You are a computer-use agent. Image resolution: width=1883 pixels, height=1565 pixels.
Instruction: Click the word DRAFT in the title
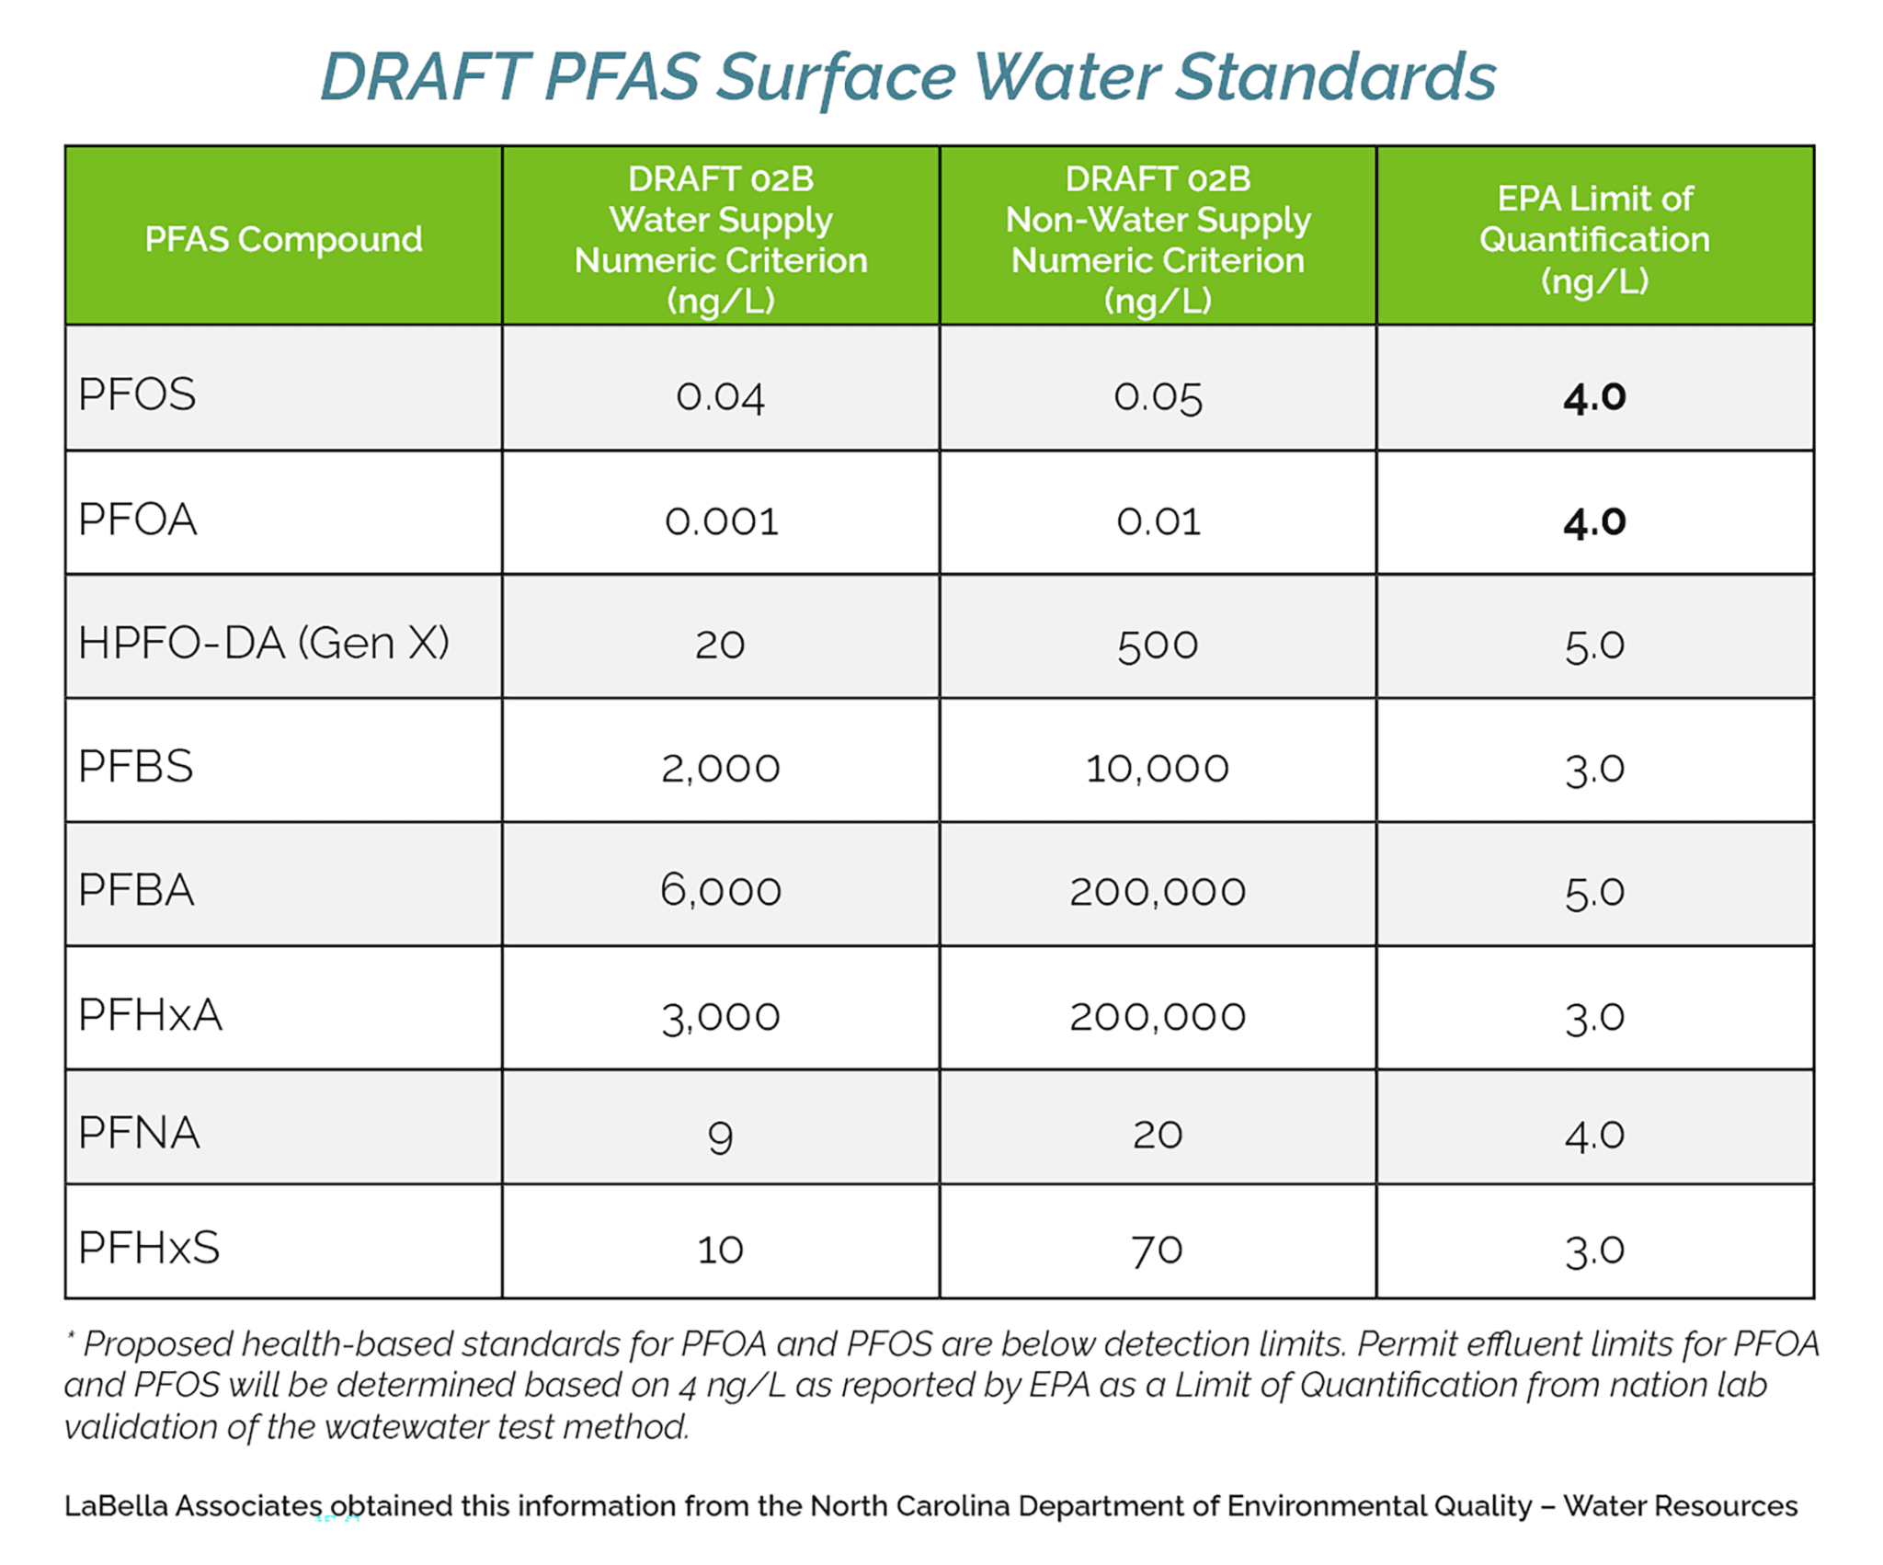pyautogui.click(x=424, y=76)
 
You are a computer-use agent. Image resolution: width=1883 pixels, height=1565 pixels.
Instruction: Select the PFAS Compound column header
pyautogui.click(x=283, y=239)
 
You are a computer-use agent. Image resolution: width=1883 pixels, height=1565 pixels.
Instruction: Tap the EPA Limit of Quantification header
pyautogui.click(x=1594, y=239)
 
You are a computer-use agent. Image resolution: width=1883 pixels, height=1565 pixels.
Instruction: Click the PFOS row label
pyautogui.click(x=137, y=394)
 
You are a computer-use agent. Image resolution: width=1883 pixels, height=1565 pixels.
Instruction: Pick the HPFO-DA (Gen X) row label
pyautogui.click(x=264, y=643)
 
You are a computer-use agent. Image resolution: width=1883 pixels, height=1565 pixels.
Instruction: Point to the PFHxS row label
pyautogui.click(x=149, y=1248)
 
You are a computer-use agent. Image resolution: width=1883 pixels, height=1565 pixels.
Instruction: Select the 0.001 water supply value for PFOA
pyautogui.click(x=721, y=521)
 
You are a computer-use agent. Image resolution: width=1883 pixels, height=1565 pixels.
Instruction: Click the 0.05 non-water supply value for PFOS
pyautogui.click(x=1158, y=397)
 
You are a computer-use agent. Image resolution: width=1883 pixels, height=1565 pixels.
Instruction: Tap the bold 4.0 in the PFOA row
pyautogui.click(x=1594, y=521)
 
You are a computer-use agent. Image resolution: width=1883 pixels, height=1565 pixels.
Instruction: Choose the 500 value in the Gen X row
pyautogui.click(x=1158, y=645)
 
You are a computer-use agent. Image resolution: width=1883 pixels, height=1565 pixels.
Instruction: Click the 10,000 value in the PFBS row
pyautogui.click(x=1158, y=769)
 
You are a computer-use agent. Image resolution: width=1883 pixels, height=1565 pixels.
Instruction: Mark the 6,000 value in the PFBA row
pyautogui.click(x=721, y=891)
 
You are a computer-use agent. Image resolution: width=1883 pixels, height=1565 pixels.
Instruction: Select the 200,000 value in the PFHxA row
pyautogui.click(x=1158, y=1016)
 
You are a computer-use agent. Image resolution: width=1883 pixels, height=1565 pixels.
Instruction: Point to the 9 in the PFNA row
pyautogui.click(x=721, y=1137)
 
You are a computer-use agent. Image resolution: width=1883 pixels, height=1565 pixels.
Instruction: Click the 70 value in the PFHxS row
pyautogui.click(x=1158, y=1251)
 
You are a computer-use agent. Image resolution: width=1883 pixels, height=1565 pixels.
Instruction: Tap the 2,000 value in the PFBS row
pyautogui.click(x=721, y=769)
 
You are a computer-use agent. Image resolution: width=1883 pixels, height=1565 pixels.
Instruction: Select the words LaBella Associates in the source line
pyautogui.click(x=193, y=1506)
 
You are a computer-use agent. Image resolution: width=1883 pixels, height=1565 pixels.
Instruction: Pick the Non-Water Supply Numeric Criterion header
pyautogui.click(x=1158, y=239)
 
